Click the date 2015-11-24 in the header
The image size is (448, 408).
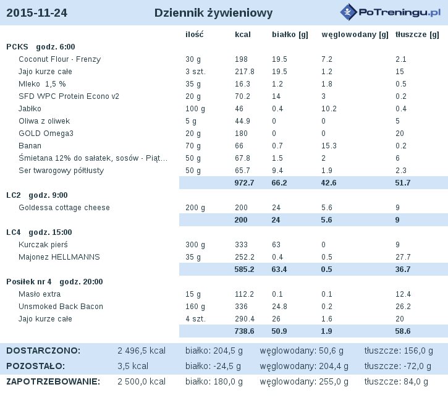[x=36, y=13]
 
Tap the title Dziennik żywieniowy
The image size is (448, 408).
[x=213, y=13]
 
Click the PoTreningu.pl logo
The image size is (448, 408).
[x=391, y=12]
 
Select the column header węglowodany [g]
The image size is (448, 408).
[x=355, y=35]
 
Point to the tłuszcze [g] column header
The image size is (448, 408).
[x=417, y=35]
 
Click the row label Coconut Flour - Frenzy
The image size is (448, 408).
[x=59, y=59]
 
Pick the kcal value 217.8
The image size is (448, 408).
[x=245, y=72]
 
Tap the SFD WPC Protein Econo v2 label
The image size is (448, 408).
[x=69, y=96]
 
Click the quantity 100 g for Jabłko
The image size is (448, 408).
[x=195, y=109]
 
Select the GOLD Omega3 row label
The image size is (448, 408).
[x=46, y=134]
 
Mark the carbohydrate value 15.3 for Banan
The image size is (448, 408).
[x=329, y=146]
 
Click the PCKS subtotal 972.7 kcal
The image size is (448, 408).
[x=244, y=183]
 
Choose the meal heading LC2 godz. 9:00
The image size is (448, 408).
[x=37, y=195]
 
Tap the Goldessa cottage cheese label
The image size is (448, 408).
[x=64, y=208]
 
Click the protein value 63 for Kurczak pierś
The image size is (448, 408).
[x=276, y=245]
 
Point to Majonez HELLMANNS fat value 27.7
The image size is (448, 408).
[x=403, y=257]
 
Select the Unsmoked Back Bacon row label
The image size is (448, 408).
[x=61, y=307]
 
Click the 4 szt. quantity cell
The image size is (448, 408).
[x=195, y=319]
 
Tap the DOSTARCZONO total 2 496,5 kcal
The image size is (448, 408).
[x=142, y=351]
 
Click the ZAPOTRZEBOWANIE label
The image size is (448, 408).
[x=53, y=381]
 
